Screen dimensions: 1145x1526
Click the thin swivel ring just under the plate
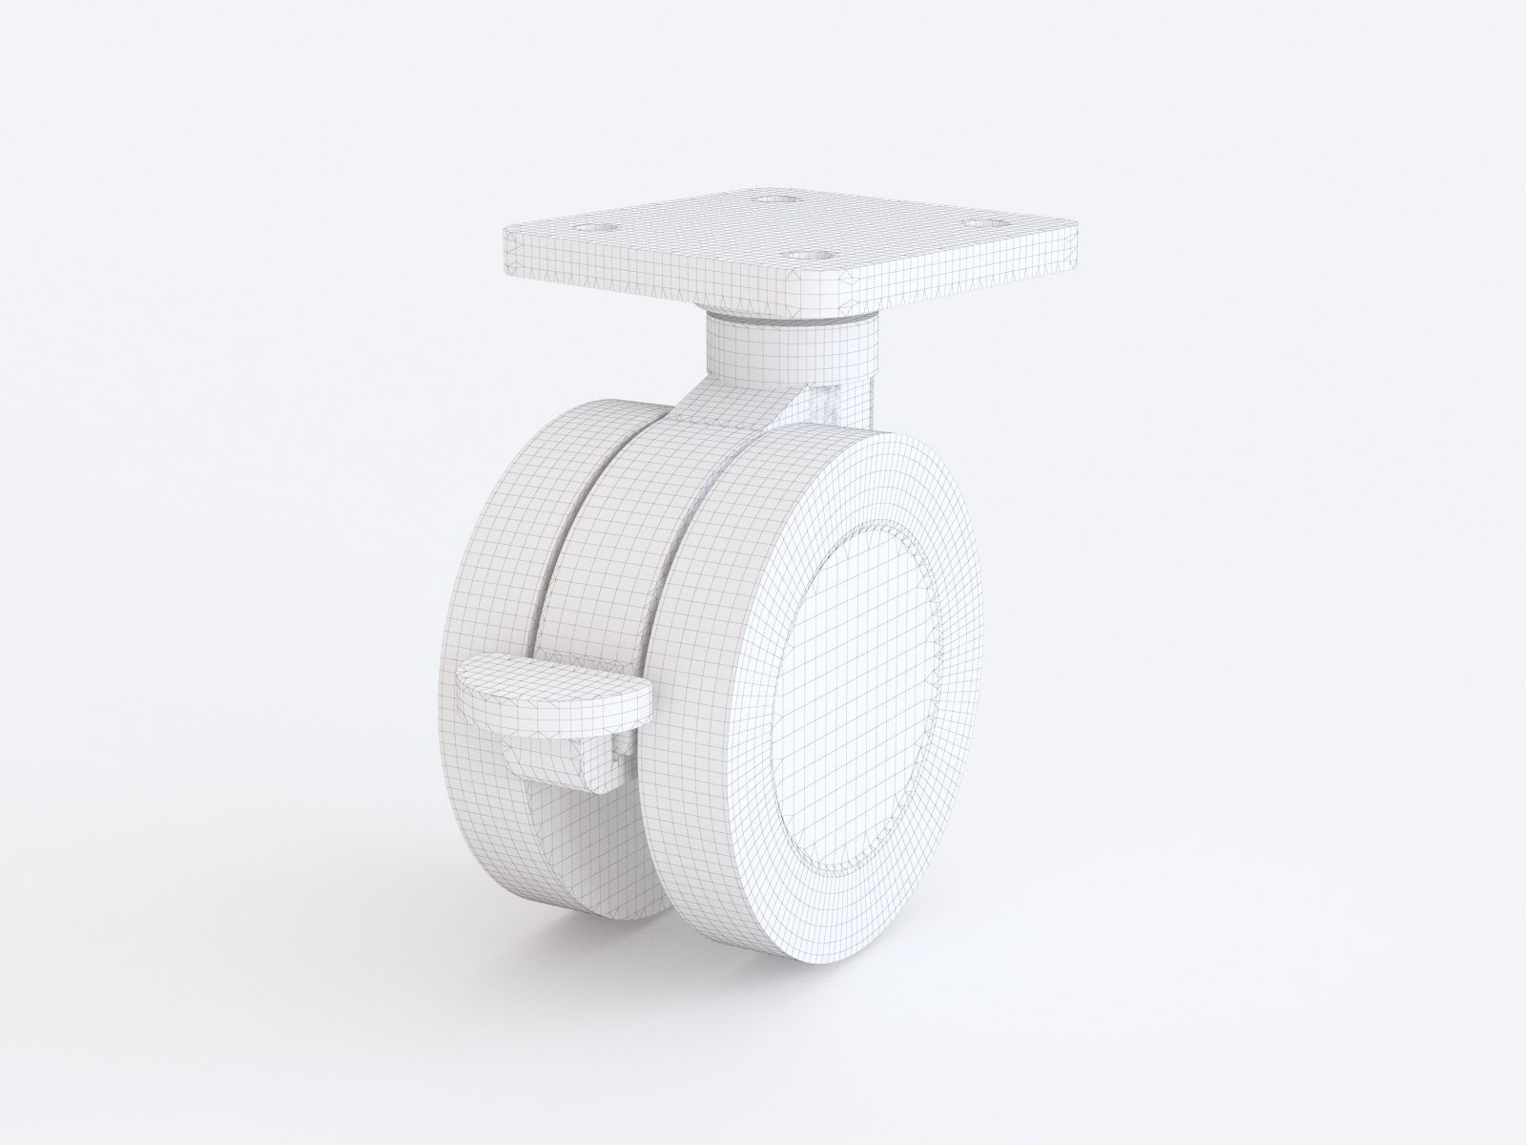pos(792,320)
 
